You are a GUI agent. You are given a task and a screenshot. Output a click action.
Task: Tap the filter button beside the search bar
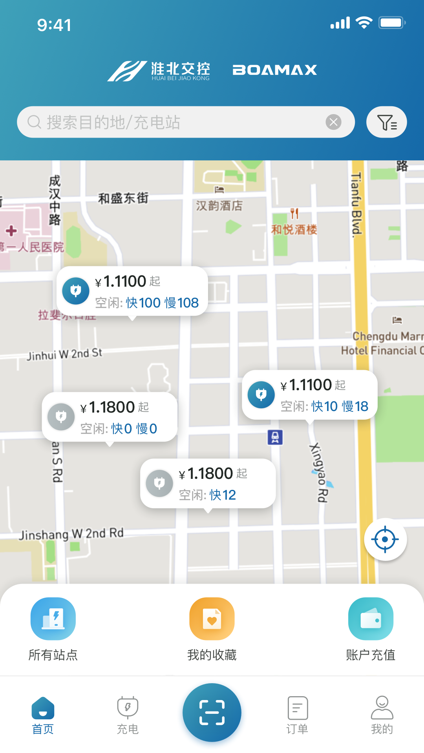[386, 122]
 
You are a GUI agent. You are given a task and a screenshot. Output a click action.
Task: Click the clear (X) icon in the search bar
[334, 122]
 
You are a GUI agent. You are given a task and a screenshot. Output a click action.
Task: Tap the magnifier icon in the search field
[34, 122]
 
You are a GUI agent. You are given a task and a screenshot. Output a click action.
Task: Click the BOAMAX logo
[274, 70]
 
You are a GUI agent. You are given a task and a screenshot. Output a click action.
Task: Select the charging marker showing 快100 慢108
[132, 291]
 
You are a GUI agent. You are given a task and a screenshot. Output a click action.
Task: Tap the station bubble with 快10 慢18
[309, 395]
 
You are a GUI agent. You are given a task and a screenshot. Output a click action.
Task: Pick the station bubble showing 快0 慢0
[110, 417]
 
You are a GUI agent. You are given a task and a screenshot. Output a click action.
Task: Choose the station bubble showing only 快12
[208, 484]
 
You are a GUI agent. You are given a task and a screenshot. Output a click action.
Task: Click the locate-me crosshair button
[385, 539]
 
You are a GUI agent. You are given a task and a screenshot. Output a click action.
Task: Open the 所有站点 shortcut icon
[53, 619]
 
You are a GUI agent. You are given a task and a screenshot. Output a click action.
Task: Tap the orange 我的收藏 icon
[212, 619]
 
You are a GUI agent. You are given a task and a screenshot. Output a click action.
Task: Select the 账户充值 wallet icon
[371, 619]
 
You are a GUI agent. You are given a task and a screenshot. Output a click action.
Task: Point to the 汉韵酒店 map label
[219, 206]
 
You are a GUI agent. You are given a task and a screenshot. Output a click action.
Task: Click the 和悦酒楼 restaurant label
[294, 229]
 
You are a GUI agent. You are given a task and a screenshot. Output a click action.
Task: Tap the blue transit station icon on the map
[275, 437]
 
